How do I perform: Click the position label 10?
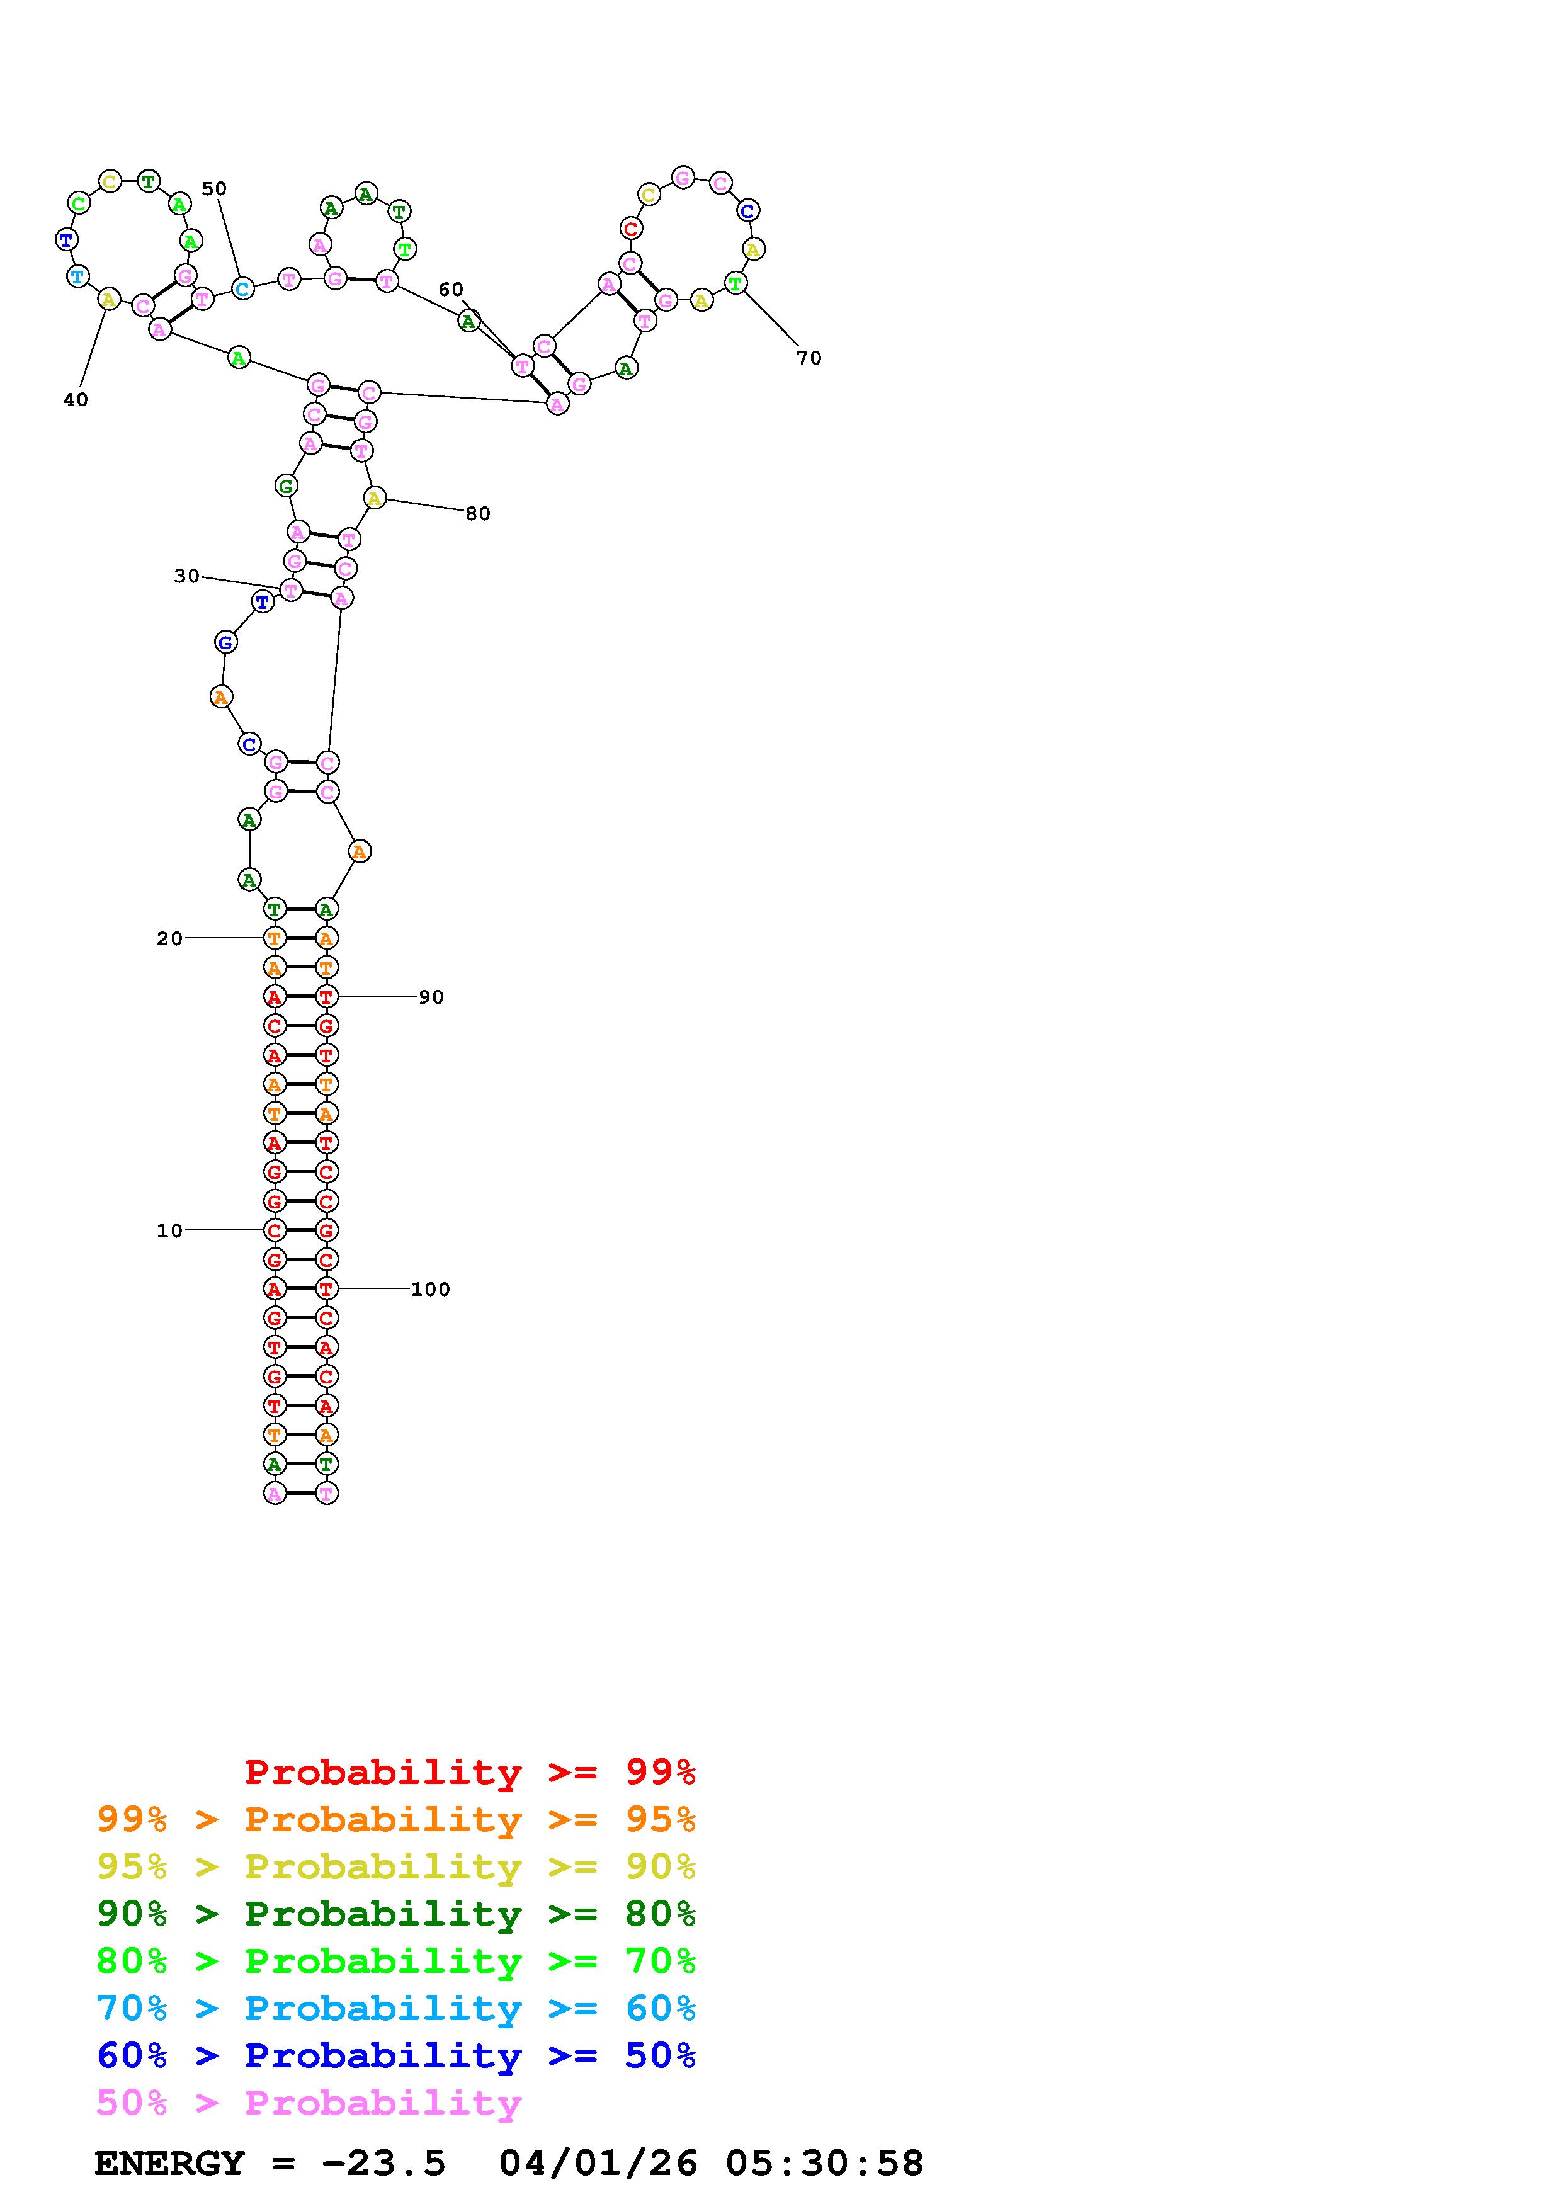[x=169, y=1230]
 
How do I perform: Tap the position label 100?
[x=431, y=1289]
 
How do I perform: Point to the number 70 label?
[x=809, y=358]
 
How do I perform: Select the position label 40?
[x=76, y=400]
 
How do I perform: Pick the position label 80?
[x=478, y=514]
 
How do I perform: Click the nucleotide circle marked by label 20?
[x=275, y=938]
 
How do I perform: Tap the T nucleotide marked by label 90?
[x=327, y=997]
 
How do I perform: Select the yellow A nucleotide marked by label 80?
[x=374, y=498]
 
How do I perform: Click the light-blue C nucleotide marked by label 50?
[x=242, y=288]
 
